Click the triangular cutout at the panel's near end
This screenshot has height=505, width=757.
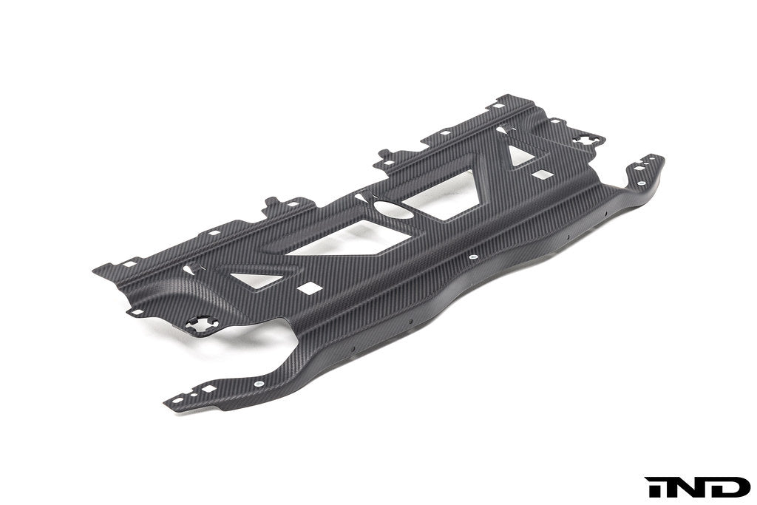tap(254, 280)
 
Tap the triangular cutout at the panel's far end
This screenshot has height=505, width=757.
tap(520, 155)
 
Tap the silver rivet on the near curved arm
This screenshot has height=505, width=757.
tap(257, 384)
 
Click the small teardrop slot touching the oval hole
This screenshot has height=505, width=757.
tap(362, 197)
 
